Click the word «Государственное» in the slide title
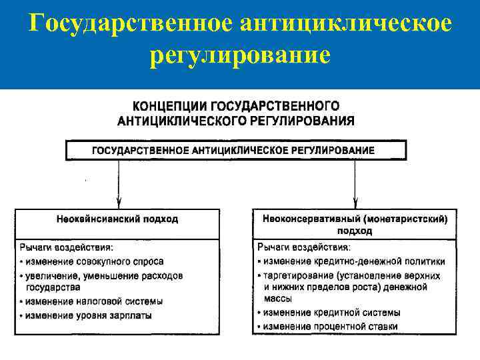(126, 24)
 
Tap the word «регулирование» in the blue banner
(240, 55)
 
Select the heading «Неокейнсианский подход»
(117, 218)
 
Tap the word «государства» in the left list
(50, 288)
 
